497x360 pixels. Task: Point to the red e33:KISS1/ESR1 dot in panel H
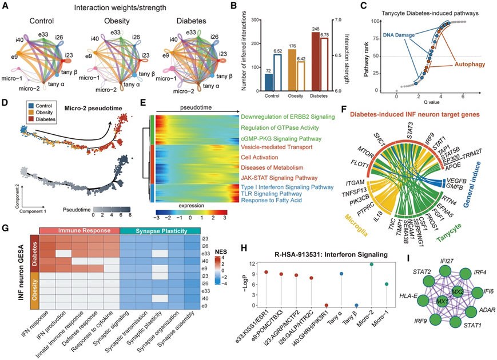[267, 272]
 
